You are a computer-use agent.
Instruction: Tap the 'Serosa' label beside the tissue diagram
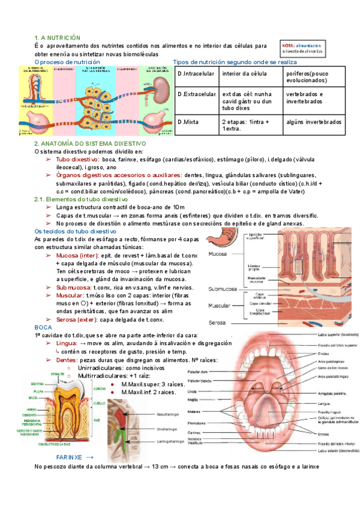click(218, 322)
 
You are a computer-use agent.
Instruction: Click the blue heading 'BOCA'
click(43, 327)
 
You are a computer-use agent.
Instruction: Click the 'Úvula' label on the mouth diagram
click(209, 391)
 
